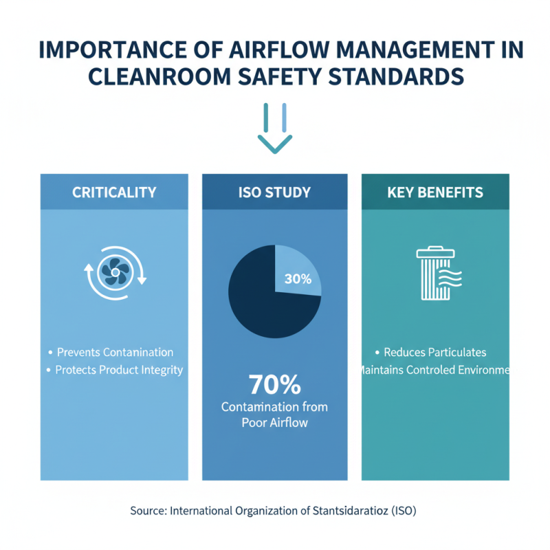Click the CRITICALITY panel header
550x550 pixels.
coord(114,192)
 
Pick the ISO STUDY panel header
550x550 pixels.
coord(274,192)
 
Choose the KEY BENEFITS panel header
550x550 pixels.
coord(435,192)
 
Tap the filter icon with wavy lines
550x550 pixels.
coord(437,274)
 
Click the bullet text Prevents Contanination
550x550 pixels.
coord(115,352)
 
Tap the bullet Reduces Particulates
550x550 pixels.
coord(435,352)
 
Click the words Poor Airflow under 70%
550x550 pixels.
coord(274,423)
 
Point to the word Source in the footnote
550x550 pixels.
coord(147,511)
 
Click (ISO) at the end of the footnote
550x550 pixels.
coord(404,511)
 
